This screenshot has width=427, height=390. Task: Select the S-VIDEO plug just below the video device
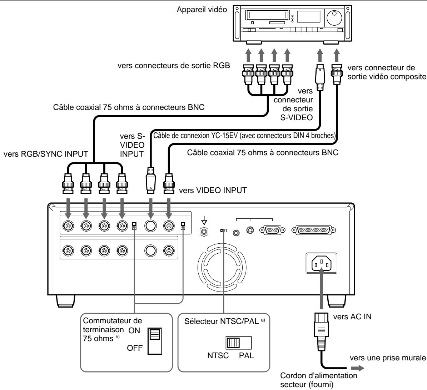click(x=319, y=75)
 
